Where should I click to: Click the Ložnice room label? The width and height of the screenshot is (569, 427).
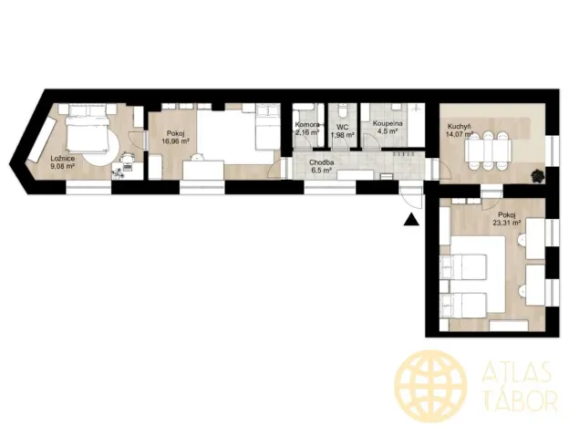pos(63,159)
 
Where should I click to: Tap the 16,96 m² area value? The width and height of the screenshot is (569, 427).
pos(175,141)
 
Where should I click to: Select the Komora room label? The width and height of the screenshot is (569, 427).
pos(307,125)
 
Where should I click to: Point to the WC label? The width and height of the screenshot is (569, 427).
pos(343,127)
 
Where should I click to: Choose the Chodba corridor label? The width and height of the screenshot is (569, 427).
pos(321,162)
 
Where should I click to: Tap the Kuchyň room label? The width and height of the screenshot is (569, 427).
pos(459,127)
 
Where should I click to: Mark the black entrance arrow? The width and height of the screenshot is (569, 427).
pos(412,218)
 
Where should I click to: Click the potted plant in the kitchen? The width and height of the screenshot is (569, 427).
pos(537,173)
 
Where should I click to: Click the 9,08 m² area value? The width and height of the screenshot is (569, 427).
pos(63,167)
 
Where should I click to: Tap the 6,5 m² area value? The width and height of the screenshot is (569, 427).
pos(321,171)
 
